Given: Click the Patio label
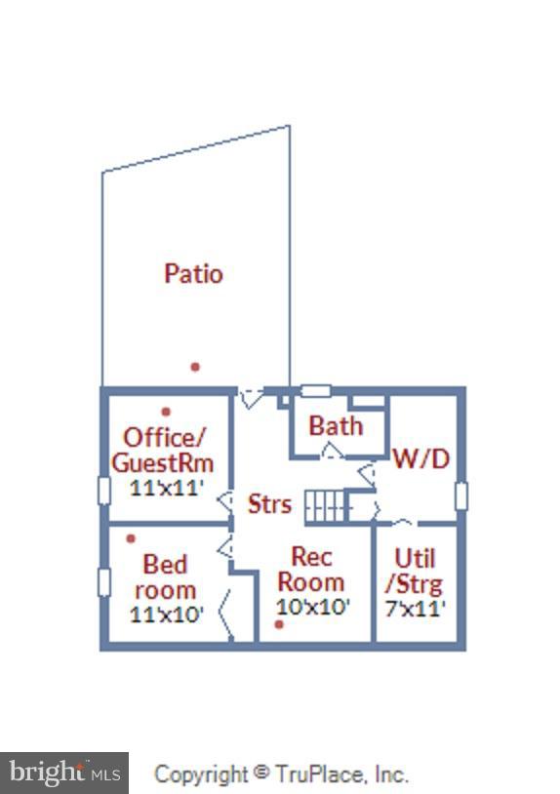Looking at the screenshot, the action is point(193,273).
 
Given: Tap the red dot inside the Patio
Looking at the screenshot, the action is point(195,367).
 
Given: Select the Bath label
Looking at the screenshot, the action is point(336,426).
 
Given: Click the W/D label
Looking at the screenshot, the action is point(421,458).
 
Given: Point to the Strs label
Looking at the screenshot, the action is point(269,504).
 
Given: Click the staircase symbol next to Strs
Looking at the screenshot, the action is point(327,506).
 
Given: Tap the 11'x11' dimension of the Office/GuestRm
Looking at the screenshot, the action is point(167,488).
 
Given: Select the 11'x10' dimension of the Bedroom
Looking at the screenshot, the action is point(167,615).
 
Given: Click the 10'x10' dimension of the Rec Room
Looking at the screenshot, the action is point(313,606).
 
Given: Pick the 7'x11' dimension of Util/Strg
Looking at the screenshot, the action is point(416,608).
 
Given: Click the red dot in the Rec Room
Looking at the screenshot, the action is point(279,625).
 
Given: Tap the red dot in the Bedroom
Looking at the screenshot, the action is point(131,538).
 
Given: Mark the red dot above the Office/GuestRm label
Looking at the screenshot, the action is point(166,412).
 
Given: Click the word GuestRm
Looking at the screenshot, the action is point(163,462).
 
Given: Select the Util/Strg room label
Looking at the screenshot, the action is point(415,572).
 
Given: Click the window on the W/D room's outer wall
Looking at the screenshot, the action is point(461,496).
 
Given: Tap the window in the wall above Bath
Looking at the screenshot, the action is point(316,391).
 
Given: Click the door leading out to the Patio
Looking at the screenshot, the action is point(251,398).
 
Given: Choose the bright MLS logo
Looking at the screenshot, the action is point(64,774).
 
